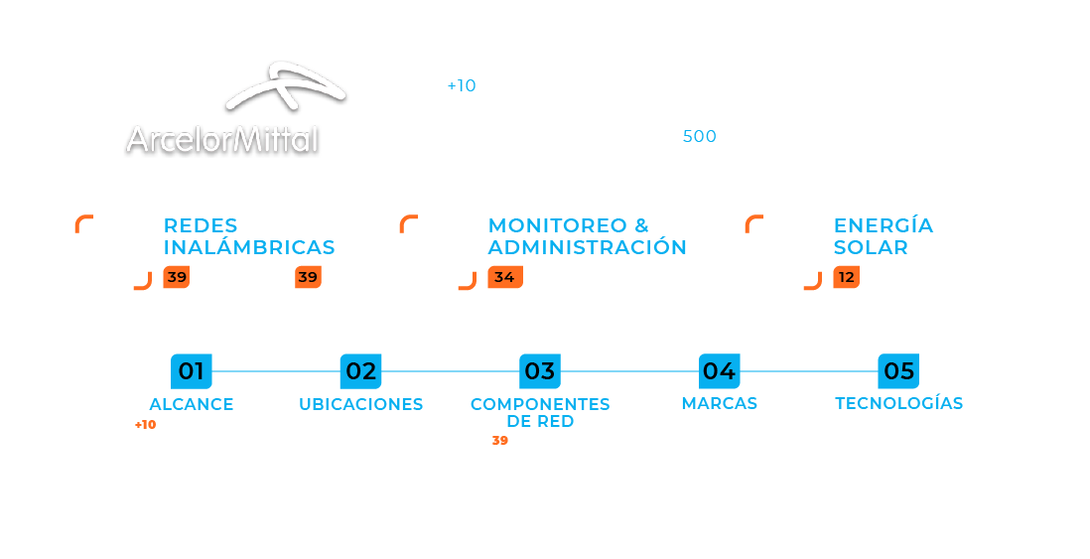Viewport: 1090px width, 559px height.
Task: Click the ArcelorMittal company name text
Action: pyautogui.click(x=222, y=141)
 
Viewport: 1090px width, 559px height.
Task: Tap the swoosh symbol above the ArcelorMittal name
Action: pyautogui.click(x=286, y=86)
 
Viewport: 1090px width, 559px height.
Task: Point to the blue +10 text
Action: pyautogui.click(x=462, y=86)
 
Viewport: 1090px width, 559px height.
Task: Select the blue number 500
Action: pyautogui.click(x=699, y=137)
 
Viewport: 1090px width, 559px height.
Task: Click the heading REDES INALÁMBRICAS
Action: pyautogui.click(x=248, y=236)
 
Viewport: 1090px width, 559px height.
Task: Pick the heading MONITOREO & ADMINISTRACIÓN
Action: pyautogui.click(x=587, y=236)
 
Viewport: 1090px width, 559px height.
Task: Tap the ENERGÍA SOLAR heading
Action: pyautogui.click(x=883, y=236)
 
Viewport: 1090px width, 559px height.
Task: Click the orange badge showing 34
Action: pyautogui.click(x=504, y=278)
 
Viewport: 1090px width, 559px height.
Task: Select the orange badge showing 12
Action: pyautogui.click(x=846, y=278)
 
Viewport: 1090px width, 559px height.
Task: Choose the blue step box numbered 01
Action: pyautogui.click(x=191, y=371)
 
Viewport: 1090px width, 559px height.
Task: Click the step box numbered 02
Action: pyautogui.click(x=360, y=371)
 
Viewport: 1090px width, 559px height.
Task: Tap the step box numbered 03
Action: pyautogui.click(x=540, y=371)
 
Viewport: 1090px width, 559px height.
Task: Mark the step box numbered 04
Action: pyautogui.click(x=719, y=371)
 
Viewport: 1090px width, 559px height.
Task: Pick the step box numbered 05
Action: pyautogui.click(x=898, y=371)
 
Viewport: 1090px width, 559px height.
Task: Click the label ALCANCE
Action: pyautogui.click(x=192, y=404)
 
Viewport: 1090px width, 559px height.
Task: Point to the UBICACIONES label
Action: pyautogui.click(x=360, y=404)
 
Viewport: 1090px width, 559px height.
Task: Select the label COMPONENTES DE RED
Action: pyautogui.click(x=540, y=412)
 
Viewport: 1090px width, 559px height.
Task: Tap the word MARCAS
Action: pyautogui.click(x=719, y=403)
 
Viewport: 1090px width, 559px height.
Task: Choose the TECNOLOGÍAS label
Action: pyautogui.click(x=898, y=403)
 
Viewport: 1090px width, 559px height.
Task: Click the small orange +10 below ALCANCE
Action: pyautogui.click(x=145, y=425)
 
